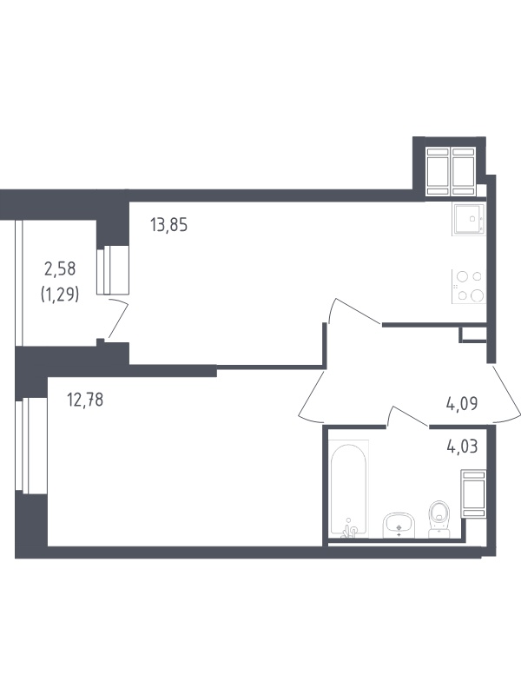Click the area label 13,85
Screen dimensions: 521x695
click(168, 225)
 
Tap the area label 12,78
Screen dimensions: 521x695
click(85, 400)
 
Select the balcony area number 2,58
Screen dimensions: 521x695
click(60, 268)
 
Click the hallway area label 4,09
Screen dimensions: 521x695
click(462, 404)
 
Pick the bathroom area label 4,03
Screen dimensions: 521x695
click(462, 447)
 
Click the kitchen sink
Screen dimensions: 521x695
click(469, 219)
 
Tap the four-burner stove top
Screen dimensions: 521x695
click(469, 287)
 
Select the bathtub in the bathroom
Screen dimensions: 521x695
click(349, 487)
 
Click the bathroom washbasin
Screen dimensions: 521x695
click(399, 526)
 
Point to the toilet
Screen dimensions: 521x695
click(439, 519)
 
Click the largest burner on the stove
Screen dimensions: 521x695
click(477, 295)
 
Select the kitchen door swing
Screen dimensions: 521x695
click(354, 311)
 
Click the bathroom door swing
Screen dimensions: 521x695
click(407, 416)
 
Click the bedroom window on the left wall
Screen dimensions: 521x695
click(31, 445)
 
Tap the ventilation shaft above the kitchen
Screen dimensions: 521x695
click(451, 171)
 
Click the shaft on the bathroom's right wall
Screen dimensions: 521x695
click(473, 493)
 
